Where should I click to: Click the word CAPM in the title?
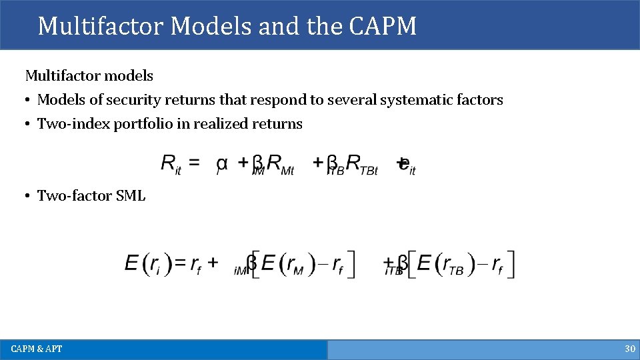382,26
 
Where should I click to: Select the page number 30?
629,349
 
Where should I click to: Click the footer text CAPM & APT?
37,349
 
